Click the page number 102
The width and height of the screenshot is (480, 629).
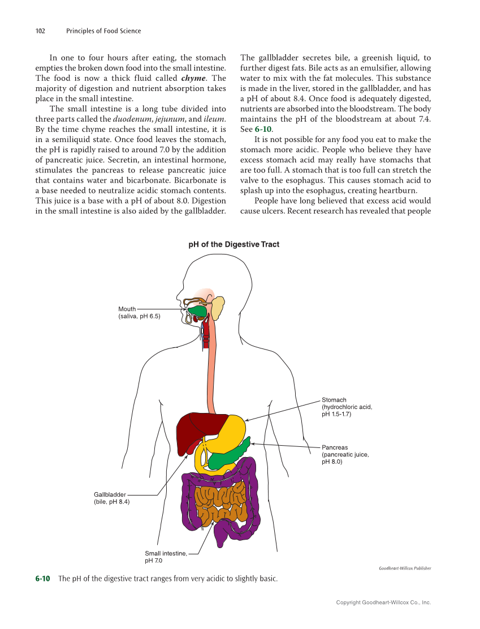[40, 31]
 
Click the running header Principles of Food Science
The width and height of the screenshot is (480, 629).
[103, 31]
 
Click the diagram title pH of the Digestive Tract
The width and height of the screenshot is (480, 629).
[233, 244]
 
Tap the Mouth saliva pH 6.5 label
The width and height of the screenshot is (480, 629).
[139, 313]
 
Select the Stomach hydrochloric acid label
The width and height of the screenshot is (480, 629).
[347, 407]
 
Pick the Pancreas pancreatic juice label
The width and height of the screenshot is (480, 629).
[345, 454]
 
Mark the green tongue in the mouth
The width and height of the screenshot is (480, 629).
[197, 311]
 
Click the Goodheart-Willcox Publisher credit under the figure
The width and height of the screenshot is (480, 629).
[405, 568]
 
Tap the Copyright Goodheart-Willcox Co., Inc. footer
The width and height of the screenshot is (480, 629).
[383, 603]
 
